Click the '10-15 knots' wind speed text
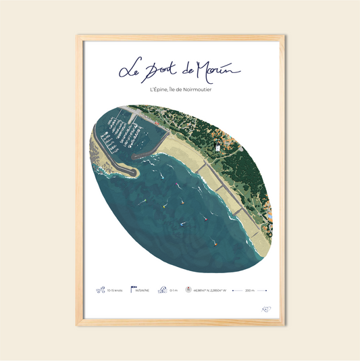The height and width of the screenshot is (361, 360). [x=115, y=291]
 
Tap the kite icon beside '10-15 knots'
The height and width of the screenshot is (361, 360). [x=100, y=291]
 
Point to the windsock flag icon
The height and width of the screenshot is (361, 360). [x=134, y=290]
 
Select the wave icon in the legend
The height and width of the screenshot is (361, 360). [x=162, y=291]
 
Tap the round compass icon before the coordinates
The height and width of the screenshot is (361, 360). [x=188, y=291]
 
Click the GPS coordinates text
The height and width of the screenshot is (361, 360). [x=208, y=291]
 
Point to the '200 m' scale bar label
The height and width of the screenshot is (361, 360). [x=249, y=291]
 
